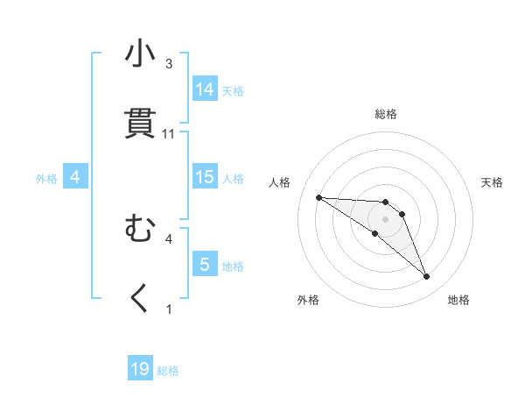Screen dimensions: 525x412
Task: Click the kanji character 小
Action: tap(140, 55)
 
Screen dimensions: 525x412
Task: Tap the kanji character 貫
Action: tap(140, 124)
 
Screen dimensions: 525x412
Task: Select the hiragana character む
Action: tap(140, 230)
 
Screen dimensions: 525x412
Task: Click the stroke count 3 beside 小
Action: tap(169, 64)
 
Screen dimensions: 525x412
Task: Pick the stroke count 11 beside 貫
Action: tap(169, 134)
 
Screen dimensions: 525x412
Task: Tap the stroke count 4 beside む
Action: tap(169, 238)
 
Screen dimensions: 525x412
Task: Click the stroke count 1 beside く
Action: tap(169, 309)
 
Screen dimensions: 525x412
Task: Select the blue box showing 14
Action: tap(205, 89)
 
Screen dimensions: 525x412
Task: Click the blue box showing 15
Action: tap(205, 177)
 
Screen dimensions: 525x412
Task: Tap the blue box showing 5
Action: tap(205, 265)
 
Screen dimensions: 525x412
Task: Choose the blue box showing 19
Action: tap(140, 370)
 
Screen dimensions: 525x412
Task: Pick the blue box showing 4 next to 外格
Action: tap(75, 178)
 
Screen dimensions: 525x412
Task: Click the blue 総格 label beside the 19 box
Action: tap(168, 371)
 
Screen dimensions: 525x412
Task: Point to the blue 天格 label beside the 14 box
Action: tap(233, 90)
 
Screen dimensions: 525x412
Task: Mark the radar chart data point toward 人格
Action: tap(318, 197)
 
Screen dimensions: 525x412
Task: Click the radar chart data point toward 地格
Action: tap(426, 277)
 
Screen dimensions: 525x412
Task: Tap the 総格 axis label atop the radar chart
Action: tap(386, 114)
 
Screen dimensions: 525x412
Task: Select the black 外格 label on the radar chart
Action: tap(308, 300)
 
